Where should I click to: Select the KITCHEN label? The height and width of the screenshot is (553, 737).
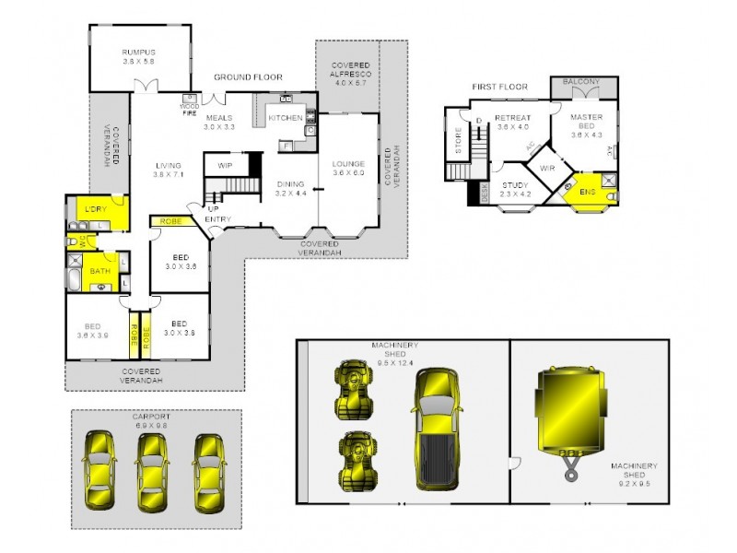pos(286,119)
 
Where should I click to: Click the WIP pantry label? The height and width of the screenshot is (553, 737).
pos(224,165)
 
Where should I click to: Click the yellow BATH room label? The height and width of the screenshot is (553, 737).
pos(99,271)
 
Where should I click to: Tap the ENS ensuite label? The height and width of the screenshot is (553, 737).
pos(587,192)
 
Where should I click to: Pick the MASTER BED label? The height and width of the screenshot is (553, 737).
pos(586,123)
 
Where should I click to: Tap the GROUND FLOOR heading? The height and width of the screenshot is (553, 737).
pos(248,77)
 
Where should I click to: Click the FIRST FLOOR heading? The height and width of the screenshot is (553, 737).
pos(499,87)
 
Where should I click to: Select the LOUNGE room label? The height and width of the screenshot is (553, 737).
pos(348,169)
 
